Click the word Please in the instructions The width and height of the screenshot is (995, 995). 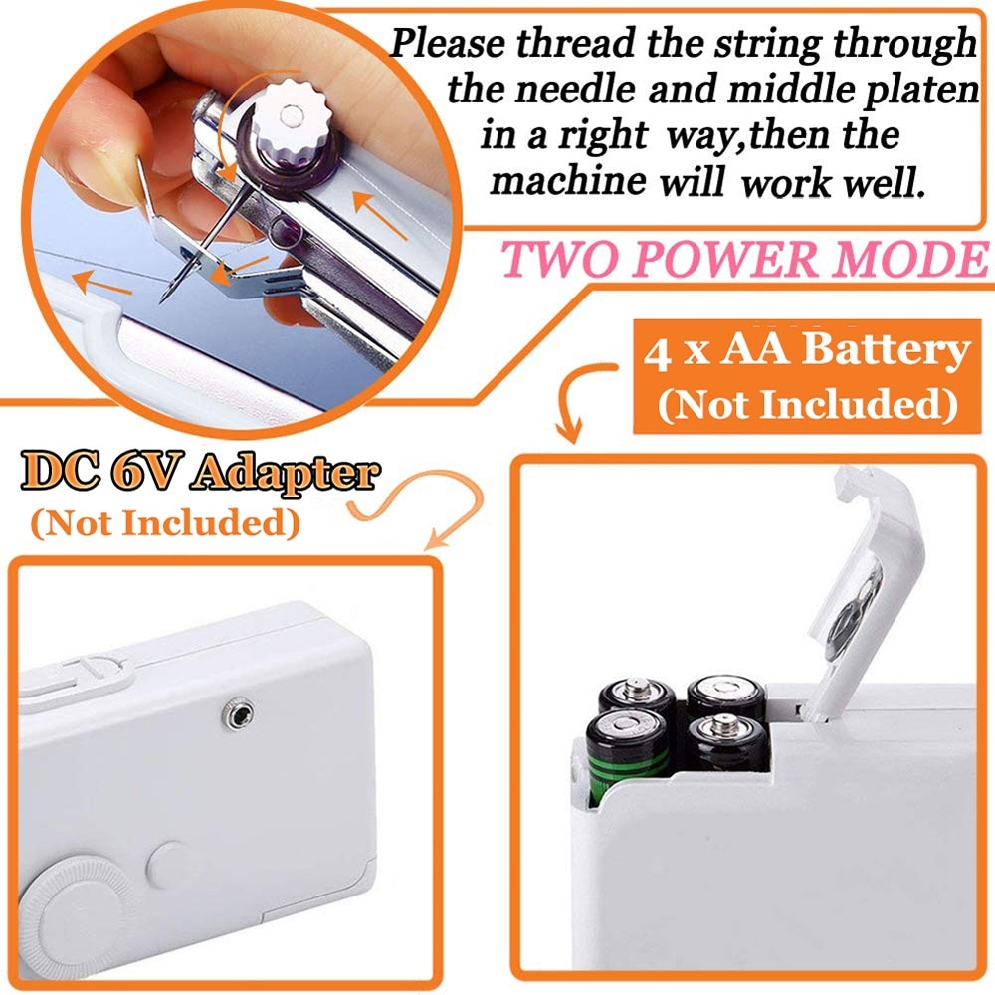tap(453, 45)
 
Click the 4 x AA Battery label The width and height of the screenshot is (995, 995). tap(805, 352)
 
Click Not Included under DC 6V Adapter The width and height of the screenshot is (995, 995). tap(165, 523)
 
